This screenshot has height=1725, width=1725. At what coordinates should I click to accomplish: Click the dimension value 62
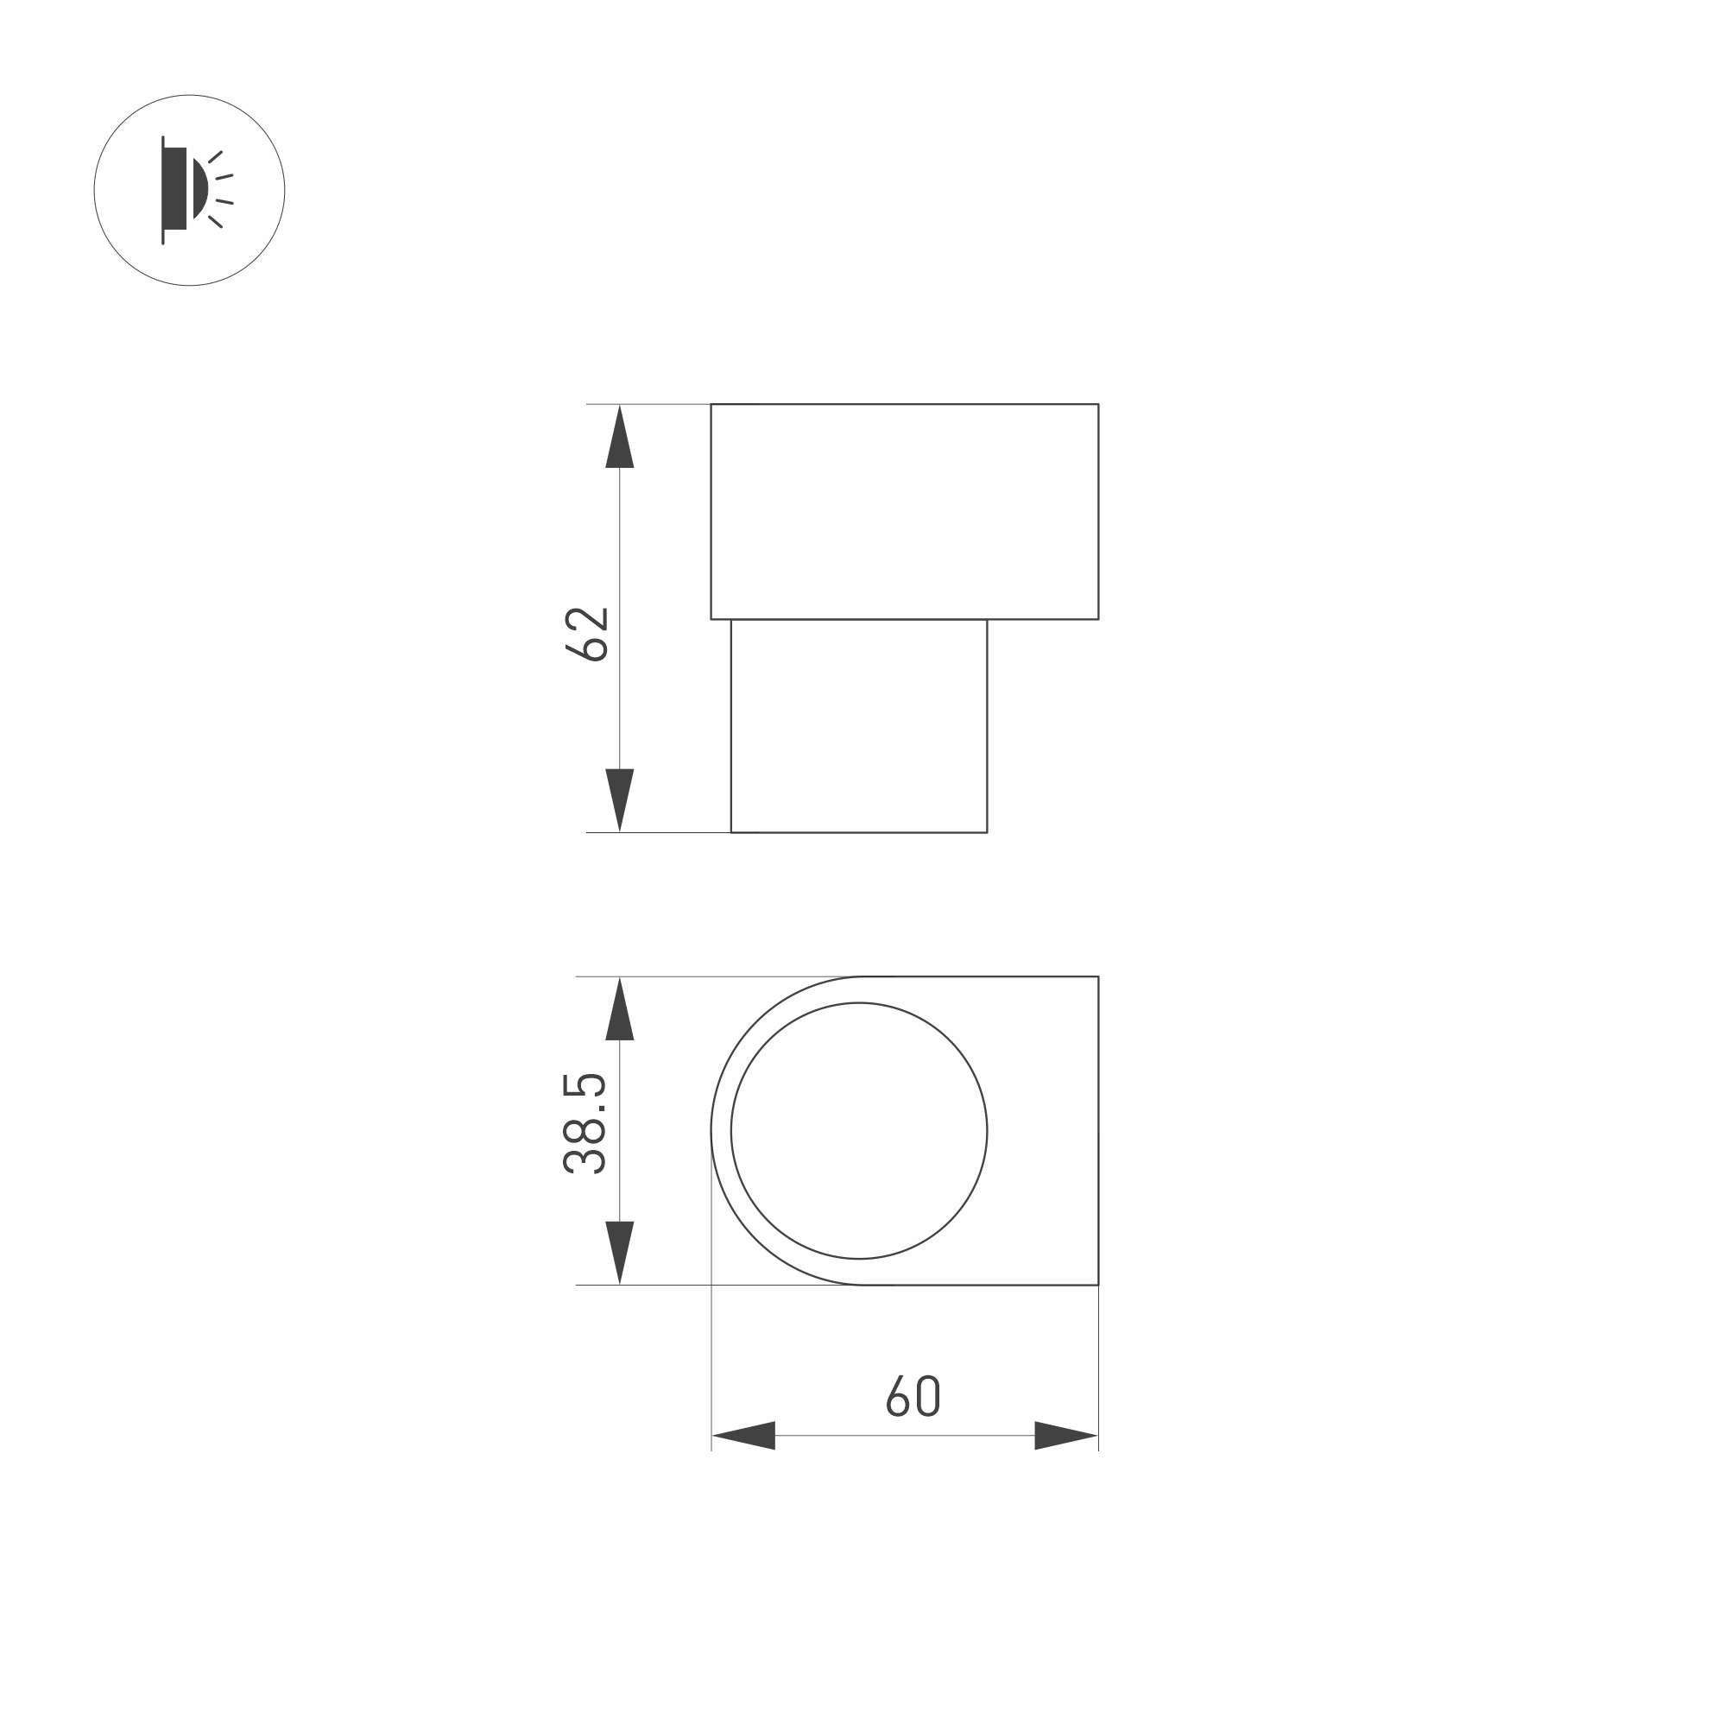coord(587,634)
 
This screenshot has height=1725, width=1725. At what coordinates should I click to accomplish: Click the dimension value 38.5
coord(585,1123)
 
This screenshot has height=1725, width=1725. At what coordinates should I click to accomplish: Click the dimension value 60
coord(913,1395)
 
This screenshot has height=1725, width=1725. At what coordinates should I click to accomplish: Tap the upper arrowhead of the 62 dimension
coord(620,437)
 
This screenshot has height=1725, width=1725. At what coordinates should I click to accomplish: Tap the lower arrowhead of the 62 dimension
coord(620,800)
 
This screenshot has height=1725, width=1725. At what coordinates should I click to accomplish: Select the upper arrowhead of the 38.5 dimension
coord(620,1009)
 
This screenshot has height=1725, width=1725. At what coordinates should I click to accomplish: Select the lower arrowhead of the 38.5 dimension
coord(620,1253)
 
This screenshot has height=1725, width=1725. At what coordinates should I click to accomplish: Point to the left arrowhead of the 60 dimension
coord(742,1436)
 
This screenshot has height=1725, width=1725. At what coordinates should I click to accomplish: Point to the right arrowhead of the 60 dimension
coord(1066,1436)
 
